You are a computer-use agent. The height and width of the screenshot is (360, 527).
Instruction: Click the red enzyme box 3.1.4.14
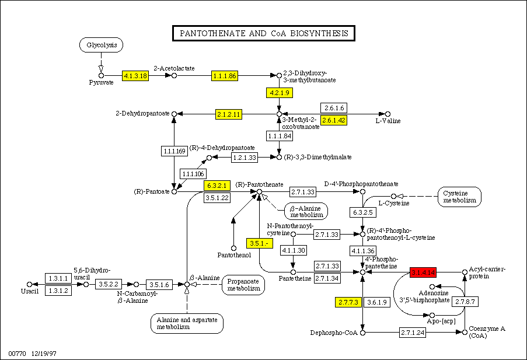click(424, 272)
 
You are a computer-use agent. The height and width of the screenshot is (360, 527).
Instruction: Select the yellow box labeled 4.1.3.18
click(135, 75)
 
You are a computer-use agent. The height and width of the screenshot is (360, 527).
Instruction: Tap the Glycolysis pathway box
click(102, 45)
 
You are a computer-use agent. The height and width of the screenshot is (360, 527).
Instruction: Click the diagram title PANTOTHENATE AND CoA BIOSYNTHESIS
click(264, 33)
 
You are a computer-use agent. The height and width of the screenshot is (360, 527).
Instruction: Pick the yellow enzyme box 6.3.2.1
click(217, 186)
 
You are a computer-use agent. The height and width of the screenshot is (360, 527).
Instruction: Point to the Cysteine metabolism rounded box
click(459, 197)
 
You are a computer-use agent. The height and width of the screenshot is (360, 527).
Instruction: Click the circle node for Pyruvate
click(101, 75)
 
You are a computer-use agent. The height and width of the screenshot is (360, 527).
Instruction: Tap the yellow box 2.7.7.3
click(349, 302)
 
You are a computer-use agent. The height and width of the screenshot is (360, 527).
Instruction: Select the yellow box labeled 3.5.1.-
click(258, 243)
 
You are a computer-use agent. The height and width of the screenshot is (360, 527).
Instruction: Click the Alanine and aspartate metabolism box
click(187, 323)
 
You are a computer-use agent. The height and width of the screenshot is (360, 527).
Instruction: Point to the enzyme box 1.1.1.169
click(173, 151)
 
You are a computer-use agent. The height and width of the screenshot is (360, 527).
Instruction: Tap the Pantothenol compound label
click(234, 255)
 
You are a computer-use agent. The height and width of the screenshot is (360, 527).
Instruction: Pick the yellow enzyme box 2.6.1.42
click(334, 120)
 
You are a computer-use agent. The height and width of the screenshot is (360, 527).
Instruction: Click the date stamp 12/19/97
click(44, 354)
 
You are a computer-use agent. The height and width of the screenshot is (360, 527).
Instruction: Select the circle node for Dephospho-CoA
click(362, 333)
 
